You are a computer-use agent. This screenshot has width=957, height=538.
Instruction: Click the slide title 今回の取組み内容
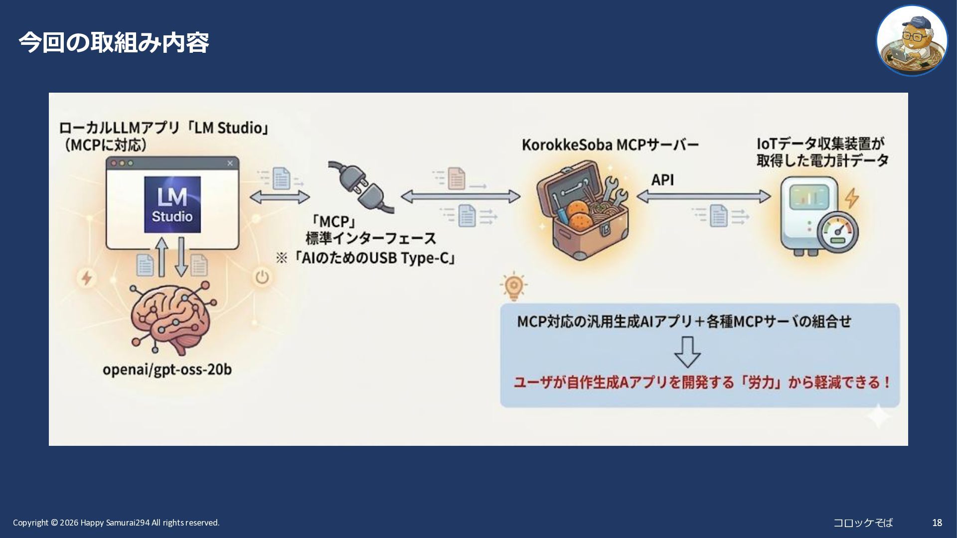[114, 42]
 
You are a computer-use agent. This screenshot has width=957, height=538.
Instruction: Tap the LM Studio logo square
[172, 204]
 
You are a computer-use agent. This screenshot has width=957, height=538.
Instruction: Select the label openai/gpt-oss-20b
[167, 370]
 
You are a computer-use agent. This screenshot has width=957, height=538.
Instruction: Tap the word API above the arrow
[662, 180]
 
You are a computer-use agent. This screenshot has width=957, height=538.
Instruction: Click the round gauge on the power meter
[837, 232]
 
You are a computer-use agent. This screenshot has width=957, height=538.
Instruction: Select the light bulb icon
[513, 286]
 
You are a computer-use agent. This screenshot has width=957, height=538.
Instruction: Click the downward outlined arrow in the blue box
[687, 352]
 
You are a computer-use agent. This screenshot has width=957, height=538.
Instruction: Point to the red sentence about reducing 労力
[702, 383]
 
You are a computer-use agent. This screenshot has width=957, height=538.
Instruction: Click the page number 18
[937, 523]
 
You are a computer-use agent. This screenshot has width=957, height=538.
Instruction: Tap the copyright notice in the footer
[116, 523]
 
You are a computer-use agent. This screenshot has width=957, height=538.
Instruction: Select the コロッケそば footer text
[863, 523]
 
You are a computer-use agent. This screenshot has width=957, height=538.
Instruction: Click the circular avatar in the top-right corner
[912, 41]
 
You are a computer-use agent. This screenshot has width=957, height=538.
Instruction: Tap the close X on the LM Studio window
[230, 163]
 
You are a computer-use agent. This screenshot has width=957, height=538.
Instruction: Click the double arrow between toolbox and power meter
[703, 197]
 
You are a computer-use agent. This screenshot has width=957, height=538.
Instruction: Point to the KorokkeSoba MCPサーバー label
[610, 144]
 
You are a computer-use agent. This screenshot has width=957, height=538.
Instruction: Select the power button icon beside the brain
[262, 276]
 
